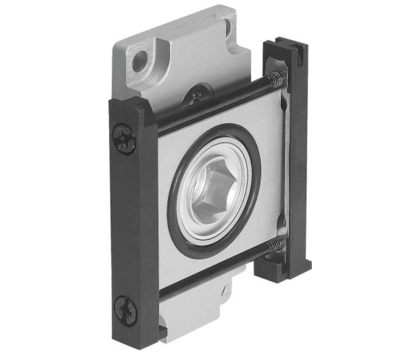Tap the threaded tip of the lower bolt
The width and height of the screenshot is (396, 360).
pos(277,245)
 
